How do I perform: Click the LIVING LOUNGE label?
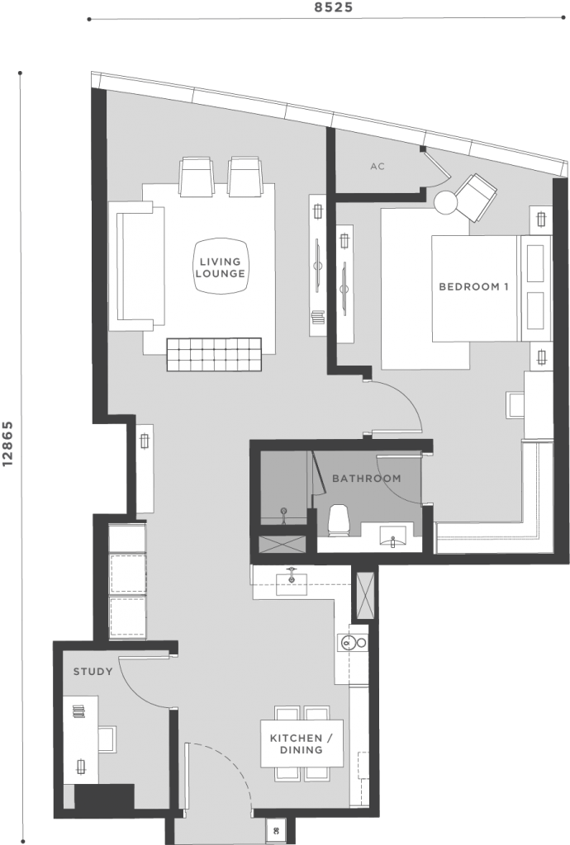(x=220, y=267)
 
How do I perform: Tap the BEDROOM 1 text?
(x=473, y=287)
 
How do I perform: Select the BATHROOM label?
(x=367, y=478)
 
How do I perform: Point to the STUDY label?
(x=93, y=671)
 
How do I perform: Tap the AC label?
(x=378, y=167)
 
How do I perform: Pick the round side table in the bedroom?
(x=446, y=202)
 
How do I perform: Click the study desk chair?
(x=107, y=737)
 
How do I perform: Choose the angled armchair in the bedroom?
(x=475, y=197)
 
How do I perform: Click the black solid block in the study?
(x=103, y=796)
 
